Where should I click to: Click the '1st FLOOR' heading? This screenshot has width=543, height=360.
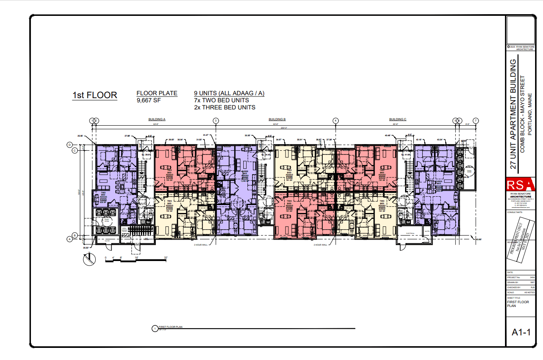pos(94,95)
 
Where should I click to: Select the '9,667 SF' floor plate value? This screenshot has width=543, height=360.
pos(148,101)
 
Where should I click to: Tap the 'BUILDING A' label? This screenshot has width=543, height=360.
pos(157,119)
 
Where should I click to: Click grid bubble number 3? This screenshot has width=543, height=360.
pos(216,121)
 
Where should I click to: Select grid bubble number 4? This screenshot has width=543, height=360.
pos(335,121)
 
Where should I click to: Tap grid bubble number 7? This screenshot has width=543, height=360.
pos(475,121)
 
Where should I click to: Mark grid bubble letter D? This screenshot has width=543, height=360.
pos(70,145)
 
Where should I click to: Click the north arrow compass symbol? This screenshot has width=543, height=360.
pos(88,260)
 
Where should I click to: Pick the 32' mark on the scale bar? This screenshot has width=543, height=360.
pos(166,258)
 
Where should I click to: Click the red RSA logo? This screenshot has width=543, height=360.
pos(520,185)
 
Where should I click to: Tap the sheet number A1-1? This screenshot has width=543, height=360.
pos(521,332)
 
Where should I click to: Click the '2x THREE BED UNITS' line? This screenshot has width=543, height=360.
pos(224,107)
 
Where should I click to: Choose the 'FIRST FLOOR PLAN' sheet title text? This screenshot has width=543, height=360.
pos(518,304)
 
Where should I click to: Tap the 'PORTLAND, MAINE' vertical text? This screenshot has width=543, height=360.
pos(530,113)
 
